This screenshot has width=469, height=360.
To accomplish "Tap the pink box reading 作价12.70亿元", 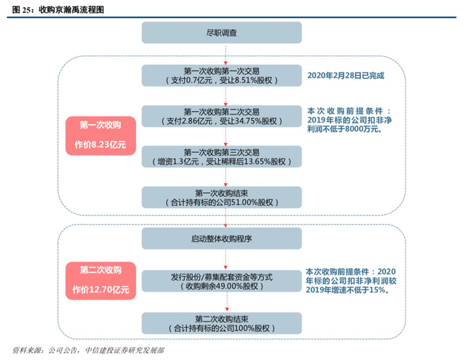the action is (x=100, y=281).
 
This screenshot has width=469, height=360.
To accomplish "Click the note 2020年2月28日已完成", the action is (x=346, y=76).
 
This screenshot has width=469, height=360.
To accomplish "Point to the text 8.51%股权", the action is (x=259, y=80).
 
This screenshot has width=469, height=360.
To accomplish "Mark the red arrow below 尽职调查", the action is (x=226, y=53).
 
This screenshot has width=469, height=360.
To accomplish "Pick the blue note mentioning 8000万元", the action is (x=346, y=120).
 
